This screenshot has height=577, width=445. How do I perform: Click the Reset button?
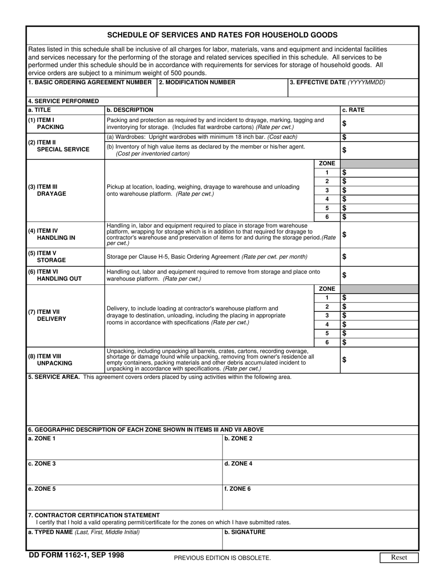(x=399, y=557)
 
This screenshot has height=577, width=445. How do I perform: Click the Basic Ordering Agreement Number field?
(x=91, y=91)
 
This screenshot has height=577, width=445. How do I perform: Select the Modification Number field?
(x=222, y=91)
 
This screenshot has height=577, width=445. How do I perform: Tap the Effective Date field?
(x=353, y=91)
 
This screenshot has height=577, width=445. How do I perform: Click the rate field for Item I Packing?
(x=379, y=123)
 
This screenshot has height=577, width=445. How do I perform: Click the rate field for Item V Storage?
(x=379, y=257)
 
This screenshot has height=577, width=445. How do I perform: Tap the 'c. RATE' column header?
(x=353, y=110)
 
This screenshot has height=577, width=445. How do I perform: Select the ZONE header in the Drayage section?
(x=327, y=164)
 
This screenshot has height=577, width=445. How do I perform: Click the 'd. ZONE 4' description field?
(x=320, y=475)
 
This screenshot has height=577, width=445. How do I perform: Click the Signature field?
(x=320, y=542)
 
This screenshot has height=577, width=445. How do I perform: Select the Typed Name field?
(x=124, y=542)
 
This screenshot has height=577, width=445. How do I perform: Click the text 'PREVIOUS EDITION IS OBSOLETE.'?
(x=222, y=558)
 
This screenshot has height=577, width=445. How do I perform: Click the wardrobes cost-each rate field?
(x=379, y=137)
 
